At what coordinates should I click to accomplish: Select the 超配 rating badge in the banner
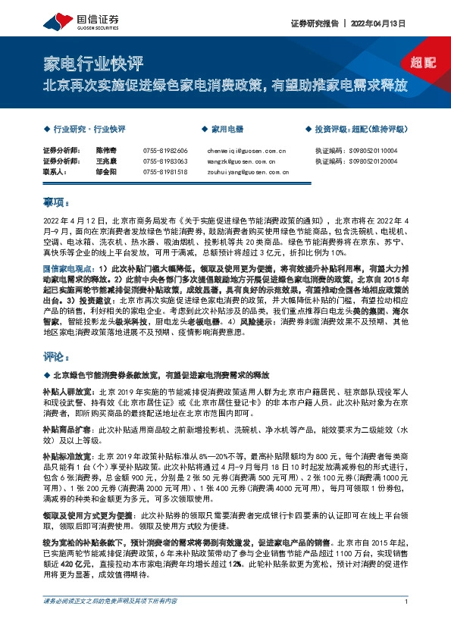(415, 63)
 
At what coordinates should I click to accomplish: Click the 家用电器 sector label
(225, 130)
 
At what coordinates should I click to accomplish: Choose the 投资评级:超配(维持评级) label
(359, 130)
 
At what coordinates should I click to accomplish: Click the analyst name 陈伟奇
(107, 151)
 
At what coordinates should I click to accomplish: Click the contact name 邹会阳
(107, 172)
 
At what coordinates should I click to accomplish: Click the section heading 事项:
(56, 202)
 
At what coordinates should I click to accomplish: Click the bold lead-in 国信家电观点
(68, 268)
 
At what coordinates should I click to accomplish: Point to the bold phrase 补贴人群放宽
(66, 392)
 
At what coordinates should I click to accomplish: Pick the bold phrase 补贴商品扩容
(66, 428)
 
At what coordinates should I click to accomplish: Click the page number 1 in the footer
(407, 623)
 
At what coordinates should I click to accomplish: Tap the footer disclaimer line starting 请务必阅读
(109, 623)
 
